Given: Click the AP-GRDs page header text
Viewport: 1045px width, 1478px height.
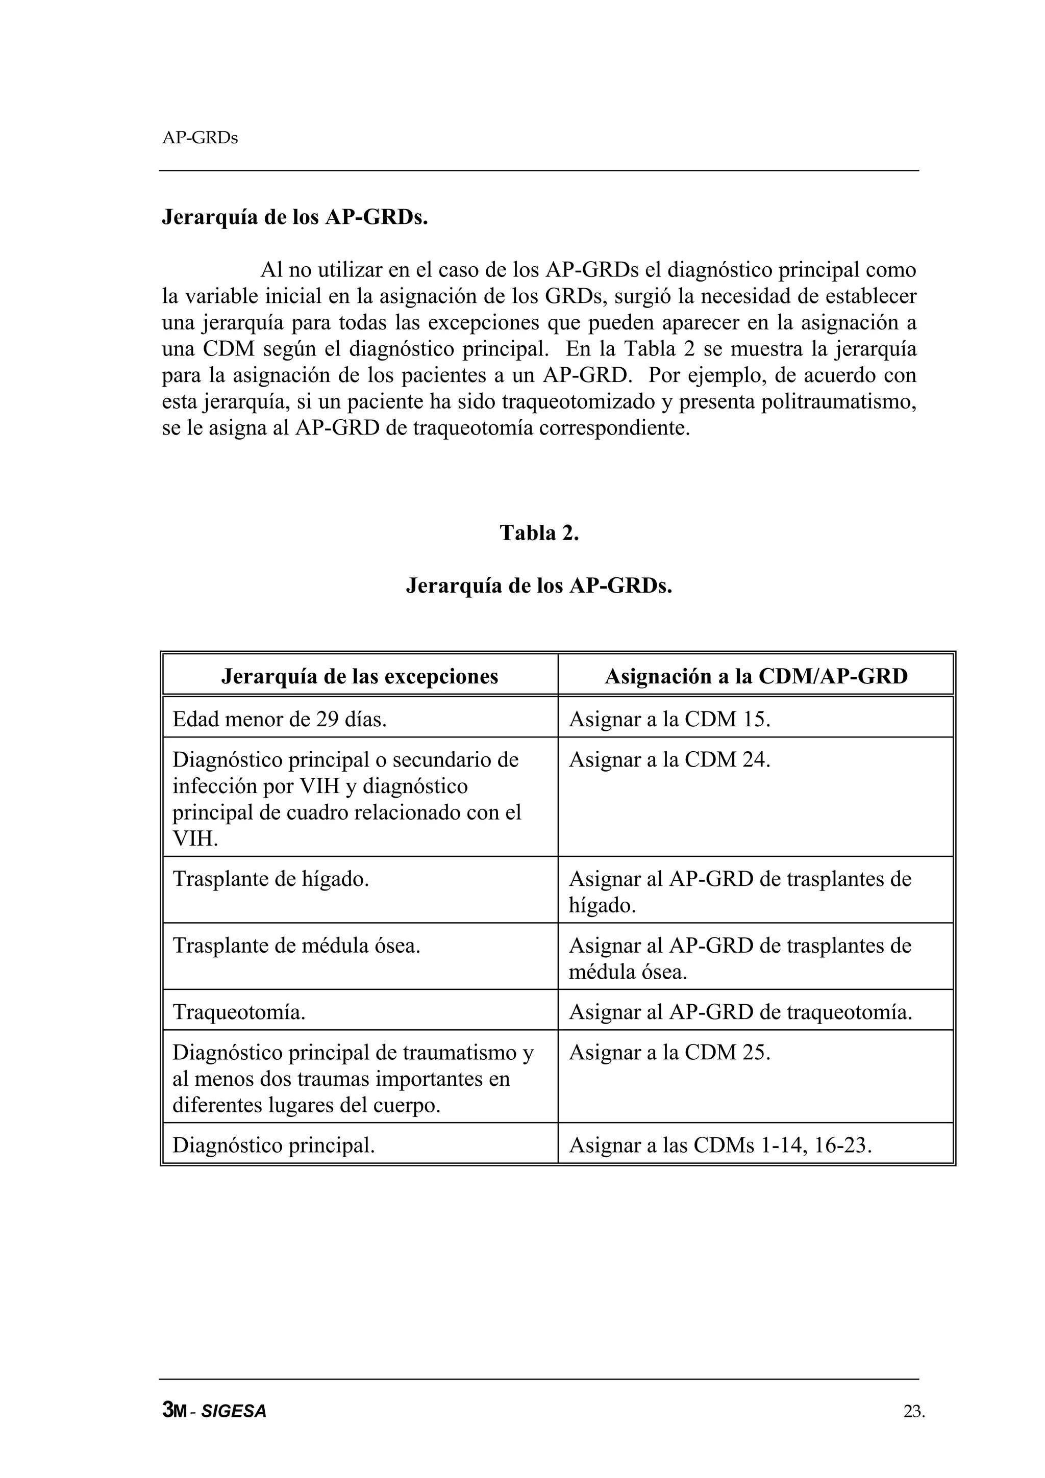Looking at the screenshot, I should (200, 138).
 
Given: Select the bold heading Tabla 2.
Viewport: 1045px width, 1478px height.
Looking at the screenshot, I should (539, 533).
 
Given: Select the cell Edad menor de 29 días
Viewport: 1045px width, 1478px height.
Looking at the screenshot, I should (280, 719).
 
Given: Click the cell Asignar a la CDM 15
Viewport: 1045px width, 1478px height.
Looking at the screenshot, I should (669, 719).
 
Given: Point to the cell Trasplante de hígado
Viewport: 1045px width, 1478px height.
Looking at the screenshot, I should (271, 879).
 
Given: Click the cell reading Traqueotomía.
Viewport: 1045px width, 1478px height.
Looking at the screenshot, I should (239, 1012).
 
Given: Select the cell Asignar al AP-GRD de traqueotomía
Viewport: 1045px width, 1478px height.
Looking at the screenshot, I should (740, 1012).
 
